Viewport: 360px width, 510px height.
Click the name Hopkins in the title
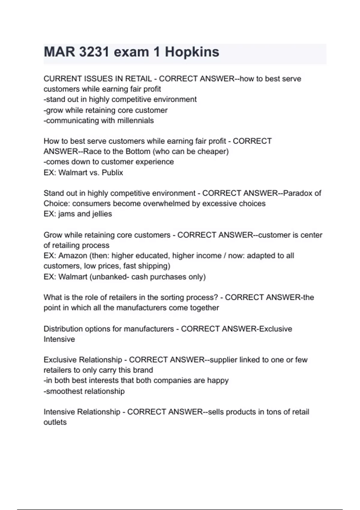(192, 52)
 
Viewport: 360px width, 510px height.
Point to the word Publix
(112, 172)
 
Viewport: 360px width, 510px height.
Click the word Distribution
(63, 329)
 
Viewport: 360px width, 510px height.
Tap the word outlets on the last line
(55, 422)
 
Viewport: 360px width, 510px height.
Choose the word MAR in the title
(59, 52)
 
